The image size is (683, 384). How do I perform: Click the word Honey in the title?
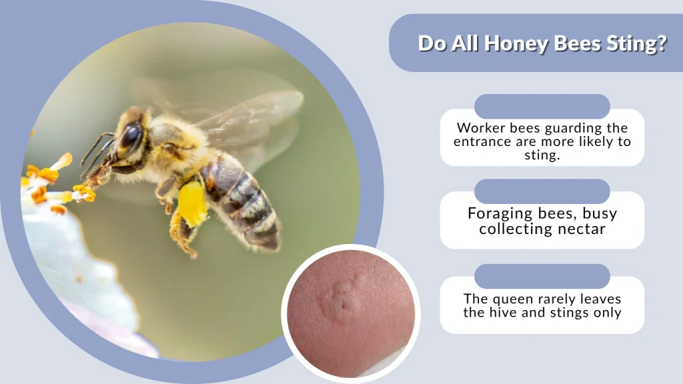point(514,44)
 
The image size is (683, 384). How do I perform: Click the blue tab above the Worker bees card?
point(542,107)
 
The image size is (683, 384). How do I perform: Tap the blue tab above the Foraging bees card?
point(542,191)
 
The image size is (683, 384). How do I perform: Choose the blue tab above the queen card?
point(542,276)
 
